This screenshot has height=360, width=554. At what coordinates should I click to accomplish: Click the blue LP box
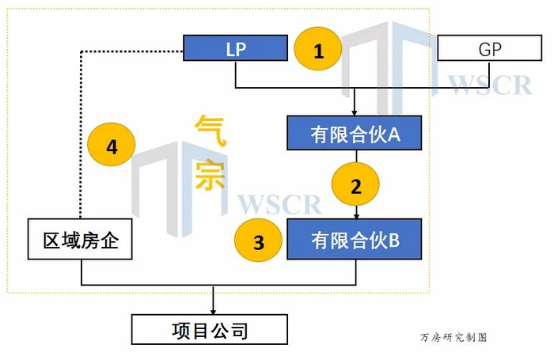point(235,47)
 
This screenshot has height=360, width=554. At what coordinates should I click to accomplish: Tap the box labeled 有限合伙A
point(355,134)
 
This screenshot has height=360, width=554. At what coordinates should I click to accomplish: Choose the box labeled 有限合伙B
point(355,239)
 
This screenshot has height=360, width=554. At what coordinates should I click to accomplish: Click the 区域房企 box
point(79,239)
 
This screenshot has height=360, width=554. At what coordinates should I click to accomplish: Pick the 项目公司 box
point(210,328)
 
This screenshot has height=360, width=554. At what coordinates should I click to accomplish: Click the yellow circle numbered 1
point(318,51)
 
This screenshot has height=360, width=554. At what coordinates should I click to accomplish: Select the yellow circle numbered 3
point(258,242)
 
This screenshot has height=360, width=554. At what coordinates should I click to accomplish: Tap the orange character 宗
point(211,174)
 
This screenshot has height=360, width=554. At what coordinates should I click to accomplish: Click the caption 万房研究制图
point(453,337)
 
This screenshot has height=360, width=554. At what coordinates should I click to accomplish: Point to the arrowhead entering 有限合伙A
point(355,112)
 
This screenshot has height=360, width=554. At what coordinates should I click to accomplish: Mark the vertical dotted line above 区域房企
point(80,135)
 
